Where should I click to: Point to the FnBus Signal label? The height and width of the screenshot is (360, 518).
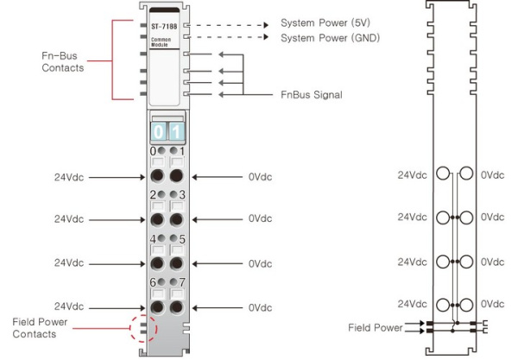(x=312, y=94)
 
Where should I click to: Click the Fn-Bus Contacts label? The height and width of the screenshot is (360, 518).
(x=60, y=62)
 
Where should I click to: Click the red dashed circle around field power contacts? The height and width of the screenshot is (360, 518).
(x=142, y=330)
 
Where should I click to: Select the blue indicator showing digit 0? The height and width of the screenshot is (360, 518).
(x=157, y=132)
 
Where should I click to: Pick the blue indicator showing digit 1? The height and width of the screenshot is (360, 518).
(x=175, y=132)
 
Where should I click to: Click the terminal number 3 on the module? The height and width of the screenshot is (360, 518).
(x=181, y=195)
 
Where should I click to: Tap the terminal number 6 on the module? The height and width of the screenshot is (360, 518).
(x=153, y=282)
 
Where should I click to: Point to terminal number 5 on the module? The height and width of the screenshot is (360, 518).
(x=181, y=238)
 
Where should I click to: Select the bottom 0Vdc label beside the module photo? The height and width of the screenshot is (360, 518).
(x=260, y=307)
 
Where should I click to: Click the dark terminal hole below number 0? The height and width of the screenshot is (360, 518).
(x=157, y=176)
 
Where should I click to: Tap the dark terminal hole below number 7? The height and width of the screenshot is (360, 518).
(x=177, y=306)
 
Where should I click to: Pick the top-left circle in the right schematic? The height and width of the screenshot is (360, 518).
(x=444, y=174)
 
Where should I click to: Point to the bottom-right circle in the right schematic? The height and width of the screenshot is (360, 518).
(x=467, y=304)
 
